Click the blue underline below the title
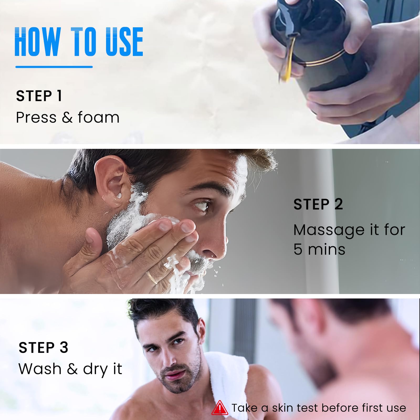point(54,67)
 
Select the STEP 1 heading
point(39,96)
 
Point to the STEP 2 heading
point(318,204)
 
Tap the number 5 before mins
point(298,249)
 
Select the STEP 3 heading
point(44,348)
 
